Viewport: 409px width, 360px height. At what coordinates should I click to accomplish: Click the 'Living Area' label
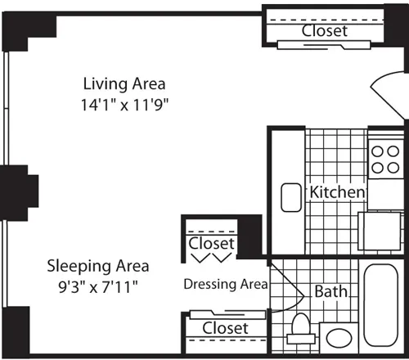125,83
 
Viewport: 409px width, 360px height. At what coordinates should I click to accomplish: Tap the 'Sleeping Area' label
97,265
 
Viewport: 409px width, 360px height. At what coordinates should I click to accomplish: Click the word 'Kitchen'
336,191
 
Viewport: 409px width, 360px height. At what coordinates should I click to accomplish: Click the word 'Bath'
331,290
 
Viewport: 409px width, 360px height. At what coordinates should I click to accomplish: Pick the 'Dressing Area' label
225,285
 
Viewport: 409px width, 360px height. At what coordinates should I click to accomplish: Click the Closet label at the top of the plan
324,31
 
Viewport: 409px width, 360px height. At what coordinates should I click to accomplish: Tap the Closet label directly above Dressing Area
212,244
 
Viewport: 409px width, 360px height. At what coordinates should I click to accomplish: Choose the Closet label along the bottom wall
225,327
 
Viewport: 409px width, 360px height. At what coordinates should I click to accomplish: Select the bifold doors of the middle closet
212,257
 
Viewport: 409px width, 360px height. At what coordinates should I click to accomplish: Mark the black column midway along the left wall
20,189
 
